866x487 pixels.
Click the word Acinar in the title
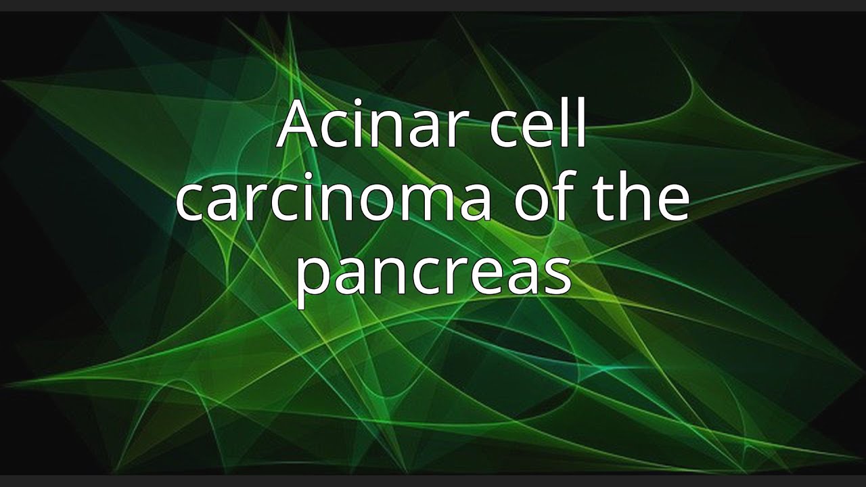point(375,124)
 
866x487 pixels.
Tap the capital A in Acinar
point(299,124)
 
